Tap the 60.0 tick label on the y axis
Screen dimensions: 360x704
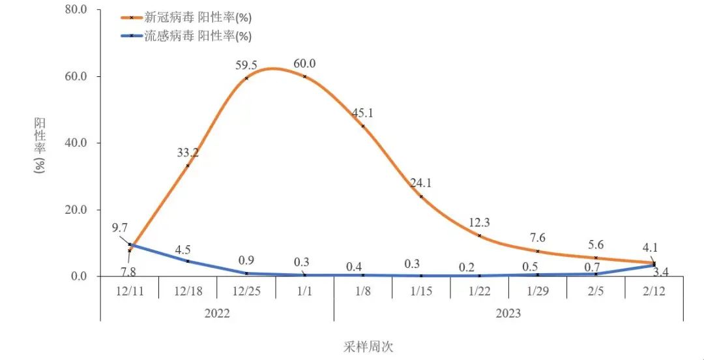78,77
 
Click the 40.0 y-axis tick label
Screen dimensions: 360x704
78,143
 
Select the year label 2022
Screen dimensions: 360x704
217,314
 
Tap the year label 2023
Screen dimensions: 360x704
508,314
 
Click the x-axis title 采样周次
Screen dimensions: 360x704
369,346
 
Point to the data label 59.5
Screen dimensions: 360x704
246,65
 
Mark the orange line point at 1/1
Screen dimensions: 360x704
304,76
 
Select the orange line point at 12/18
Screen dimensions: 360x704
188,166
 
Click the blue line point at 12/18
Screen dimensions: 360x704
188,261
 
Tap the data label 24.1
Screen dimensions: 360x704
421,183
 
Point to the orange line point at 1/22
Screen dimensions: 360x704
479,235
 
